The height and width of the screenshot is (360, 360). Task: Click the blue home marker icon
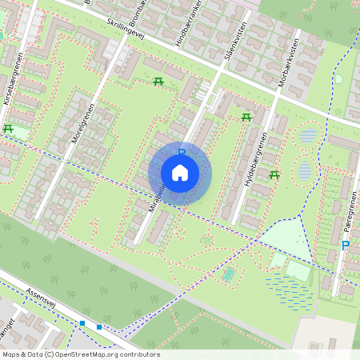tap(180, 172)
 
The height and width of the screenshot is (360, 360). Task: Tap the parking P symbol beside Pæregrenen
tap(345, 246)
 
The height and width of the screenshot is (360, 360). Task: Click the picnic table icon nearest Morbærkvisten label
tap(246, 118)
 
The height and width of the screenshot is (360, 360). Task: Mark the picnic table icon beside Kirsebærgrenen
tap(8, 128)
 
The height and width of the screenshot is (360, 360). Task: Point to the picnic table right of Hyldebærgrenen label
tap(274, 174)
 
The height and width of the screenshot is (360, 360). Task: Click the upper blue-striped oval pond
tap(307, 135)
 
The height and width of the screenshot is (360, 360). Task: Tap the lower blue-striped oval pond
tap(304, 170)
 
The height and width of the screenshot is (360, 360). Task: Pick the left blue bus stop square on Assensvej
tap(82, 323)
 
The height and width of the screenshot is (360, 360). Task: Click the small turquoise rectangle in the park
tap(229, 274)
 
